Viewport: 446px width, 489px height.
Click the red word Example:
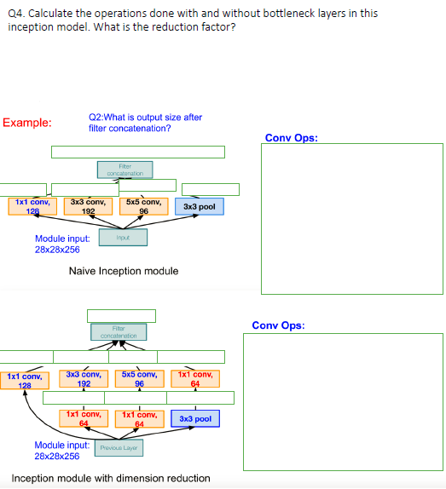point(27,123)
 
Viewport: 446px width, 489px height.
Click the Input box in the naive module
point(123,238)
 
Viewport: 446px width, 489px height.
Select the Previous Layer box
point(119,447)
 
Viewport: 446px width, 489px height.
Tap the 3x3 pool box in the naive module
point(200,207)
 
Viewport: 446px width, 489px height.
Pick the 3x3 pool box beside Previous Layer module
point(196,419)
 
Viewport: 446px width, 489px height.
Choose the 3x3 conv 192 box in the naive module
point(88,206)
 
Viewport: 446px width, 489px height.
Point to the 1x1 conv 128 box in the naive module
point(32,206)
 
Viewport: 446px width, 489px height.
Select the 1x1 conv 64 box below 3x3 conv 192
point(84,418)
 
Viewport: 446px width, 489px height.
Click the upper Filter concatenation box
point(124,170)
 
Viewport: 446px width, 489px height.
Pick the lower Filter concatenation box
point(119,332)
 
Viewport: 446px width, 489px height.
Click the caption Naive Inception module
point(124,271)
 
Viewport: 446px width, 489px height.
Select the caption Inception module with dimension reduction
point(111,478)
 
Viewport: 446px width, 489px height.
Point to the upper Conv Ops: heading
point(292,138)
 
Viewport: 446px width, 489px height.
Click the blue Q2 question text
point(145,123)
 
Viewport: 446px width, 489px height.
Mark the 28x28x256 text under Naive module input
point(57,250)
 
